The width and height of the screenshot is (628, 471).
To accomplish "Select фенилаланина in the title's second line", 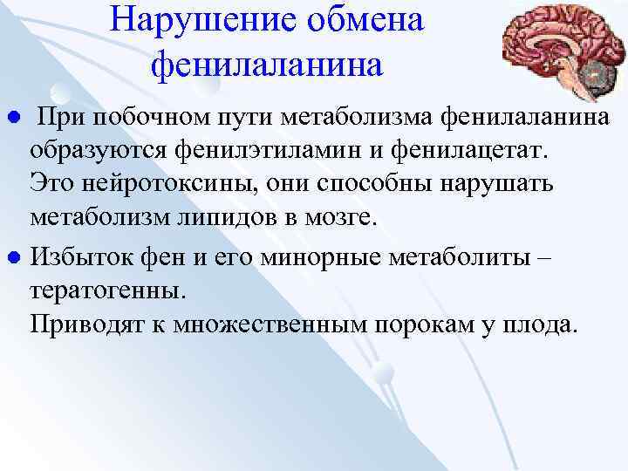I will pyautogui.click(x=267, y=63).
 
